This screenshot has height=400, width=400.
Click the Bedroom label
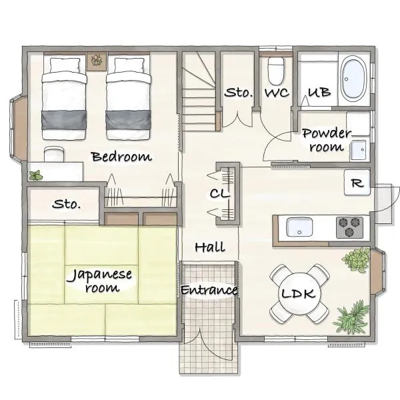[x=122, y=157]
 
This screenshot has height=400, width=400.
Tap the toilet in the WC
[x=276, y=71]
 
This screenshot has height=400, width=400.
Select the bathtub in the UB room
[x=354, y=79]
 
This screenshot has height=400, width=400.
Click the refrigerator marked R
[x=357, y=183]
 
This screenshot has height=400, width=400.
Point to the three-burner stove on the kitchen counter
[x=349, y=227]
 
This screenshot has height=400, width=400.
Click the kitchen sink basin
[x=299, y=227]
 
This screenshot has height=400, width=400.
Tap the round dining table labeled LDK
[x=299, y=293]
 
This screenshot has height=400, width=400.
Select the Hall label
[x=210, y=247]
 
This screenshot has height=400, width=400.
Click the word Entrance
[x=209, y=290]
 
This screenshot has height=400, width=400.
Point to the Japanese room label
[x=99, y=281]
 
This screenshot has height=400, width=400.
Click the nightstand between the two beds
[x=97, y=61]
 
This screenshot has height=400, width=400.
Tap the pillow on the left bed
[x=65, y=65]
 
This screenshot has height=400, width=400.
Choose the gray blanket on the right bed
[x=128, y=120]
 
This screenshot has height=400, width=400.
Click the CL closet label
[x=220, y=193]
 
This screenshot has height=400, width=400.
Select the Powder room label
[x=327, y=140]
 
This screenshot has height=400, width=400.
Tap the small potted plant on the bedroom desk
[x=36, y=175]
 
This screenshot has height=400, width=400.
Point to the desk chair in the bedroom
[x=53, y=154]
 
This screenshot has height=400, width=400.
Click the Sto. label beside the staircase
[x=239, y=93]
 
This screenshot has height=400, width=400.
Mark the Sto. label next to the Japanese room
[x=66, y=204]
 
